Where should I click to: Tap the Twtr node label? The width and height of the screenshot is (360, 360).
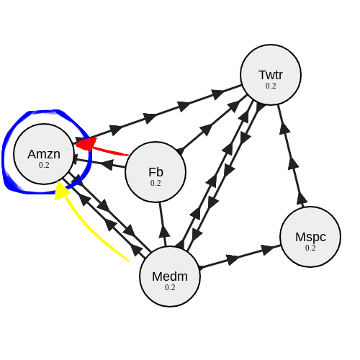[x=271, y=74]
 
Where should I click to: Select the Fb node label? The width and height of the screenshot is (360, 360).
[x=156, y=171]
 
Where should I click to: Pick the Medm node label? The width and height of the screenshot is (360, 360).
[x=170, y=276]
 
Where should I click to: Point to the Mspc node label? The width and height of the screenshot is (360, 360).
[x=310, y=236]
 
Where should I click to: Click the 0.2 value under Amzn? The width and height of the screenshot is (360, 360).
[x=44, y=165]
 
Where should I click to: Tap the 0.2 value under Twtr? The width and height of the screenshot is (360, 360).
[x=271, y=86]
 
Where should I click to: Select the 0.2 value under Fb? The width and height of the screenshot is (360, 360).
[x=156, y=183]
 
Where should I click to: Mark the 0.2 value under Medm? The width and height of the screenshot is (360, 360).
[x=170, y=287]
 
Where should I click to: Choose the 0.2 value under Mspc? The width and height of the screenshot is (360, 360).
[x=310, y=248]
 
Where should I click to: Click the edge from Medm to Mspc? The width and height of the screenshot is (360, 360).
[x=238, y=257]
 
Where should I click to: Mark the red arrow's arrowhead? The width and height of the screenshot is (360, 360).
[x=81, y=144]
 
